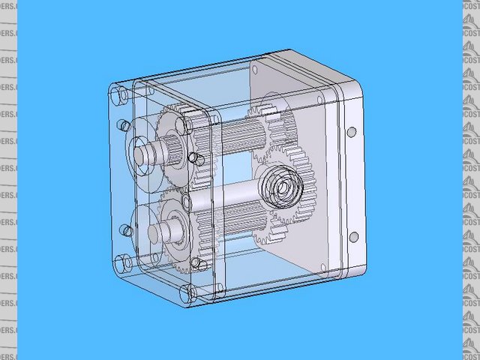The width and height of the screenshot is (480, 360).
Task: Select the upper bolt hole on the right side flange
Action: click(351, 131)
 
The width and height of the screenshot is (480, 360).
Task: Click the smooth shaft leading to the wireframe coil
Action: click(225, 199)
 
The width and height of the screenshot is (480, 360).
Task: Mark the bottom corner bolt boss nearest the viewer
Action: click(189, 293)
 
